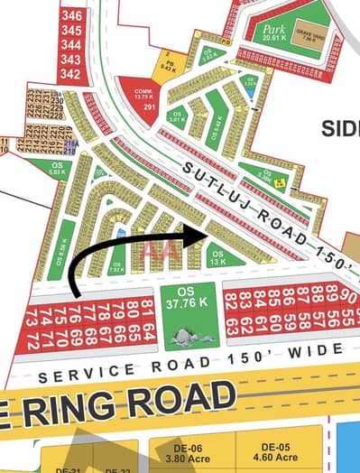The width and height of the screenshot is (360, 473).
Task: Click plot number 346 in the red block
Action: (71, 15)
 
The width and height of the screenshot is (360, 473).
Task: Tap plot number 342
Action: (71, 73)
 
